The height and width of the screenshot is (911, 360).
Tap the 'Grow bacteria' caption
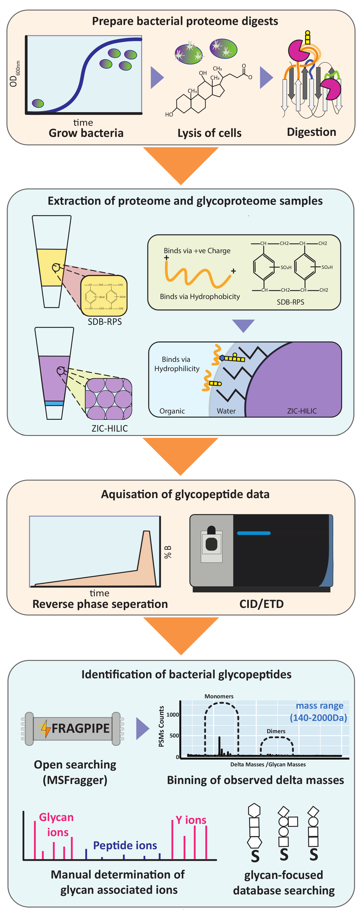tap(86, 133)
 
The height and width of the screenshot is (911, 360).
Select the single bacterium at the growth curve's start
tap(38, 103)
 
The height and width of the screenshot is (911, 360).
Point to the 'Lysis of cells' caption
tap(209, 133)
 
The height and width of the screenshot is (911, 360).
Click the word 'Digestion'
tap(311, 132)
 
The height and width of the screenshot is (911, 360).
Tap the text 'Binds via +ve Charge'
tap(197, 251)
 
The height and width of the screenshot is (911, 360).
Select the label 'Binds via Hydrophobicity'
tap(200, 296)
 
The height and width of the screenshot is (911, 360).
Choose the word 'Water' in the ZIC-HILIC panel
tap(226, 411)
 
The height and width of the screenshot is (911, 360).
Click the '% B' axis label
tap(168, 552)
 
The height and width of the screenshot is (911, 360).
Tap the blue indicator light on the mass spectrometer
tap(254, 533)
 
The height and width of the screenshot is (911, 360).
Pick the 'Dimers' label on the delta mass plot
tap(276, 731)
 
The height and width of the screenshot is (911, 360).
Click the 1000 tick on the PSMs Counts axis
tap(173, 714)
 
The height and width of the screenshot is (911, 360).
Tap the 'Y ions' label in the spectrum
tap(191, 820)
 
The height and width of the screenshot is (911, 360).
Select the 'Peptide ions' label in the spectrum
tap(125, 845)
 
